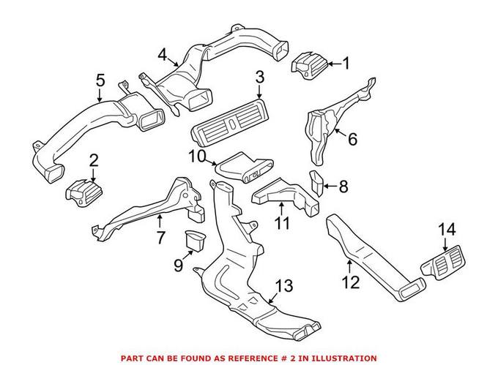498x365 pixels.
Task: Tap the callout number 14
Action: [447, 230]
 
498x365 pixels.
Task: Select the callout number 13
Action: [283, 285]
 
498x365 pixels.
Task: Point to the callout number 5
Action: [100, 78]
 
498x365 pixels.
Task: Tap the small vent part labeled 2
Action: [85, 193]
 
